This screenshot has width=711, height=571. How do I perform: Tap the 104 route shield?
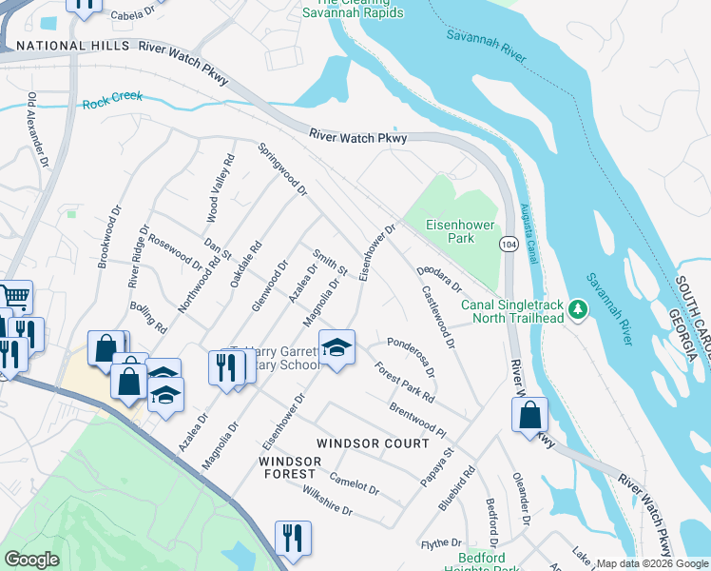510,246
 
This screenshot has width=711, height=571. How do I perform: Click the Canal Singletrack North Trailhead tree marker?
577,310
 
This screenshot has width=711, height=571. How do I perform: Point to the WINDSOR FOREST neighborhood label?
287,467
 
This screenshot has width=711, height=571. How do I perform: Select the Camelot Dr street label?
354,484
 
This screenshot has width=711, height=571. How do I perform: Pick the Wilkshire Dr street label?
326,503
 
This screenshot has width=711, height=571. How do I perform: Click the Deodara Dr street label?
438,279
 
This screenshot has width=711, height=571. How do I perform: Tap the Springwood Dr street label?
283,169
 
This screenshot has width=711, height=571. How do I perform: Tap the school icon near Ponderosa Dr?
336,348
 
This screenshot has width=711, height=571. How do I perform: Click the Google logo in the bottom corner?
31,560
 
